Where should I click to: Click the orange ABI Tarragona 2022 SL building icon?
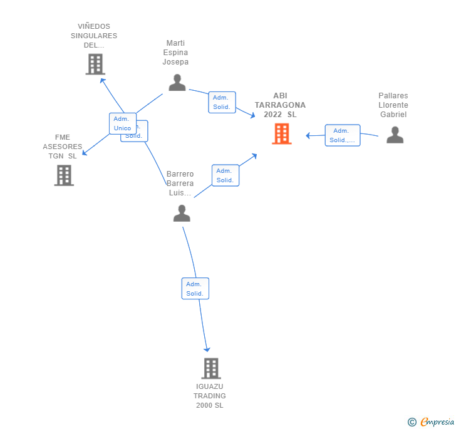pos(281,133)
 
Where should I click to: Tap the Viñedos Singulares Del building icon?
pos(95,65)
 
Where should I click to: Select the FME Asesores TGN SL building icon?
pos(64,175)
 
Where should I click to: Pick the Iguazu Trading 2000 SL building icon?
pos(211,368)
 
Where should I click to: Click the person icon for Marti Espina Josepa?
pos(177,83)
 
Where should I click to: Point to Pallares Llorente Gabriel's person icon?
pos(395,135)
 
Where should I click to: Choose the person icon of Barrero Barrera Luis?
pos(182,214)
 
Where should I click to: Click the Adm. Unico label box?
pos(122,123)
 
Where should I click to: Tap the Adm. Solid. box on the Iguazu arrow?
pos(195,289)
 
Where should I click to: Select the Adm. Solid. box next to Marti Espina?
pos(222,102)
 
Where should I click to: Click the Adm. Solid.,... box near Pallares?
pos(342,135)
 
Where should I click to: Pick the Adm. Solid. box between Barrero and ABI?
pos(225,175)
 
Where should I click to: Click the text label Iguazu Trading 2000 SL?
pos(209,396)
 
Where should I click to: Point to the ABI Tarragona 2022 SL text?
pos(280,105)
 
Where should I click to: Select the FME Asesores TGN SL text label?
pos(63,147)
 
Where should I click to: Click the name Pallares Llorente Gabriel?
pos(393,105)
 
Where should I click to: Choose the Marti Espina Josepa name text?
pos(175,53)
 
